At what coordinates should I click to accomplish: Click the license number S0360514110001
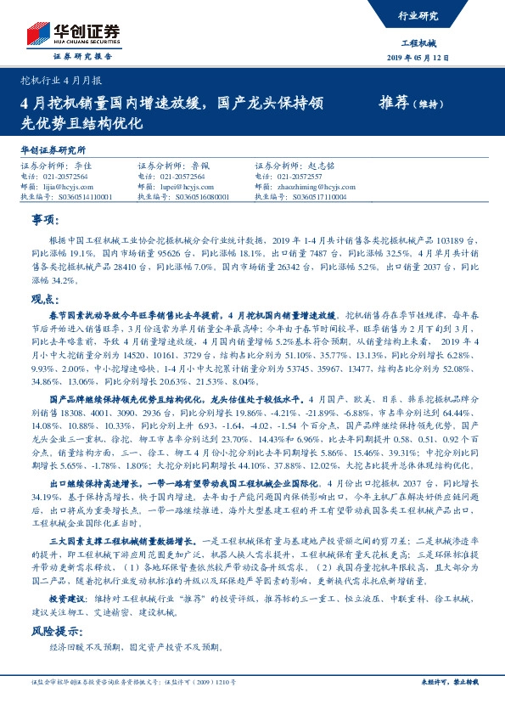pyautogui.click(x=76, y=195)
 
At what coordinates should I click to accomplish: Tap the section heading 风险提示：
pyautogui.click(x=56, y=631)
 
